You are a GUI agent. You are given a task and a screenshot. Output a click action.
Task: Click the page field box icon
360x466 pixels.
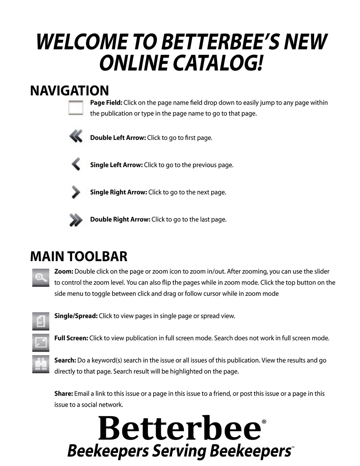[76, 108]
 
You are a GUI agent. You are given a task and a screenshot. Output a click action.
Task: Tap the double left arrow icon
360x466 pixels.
[76, 136]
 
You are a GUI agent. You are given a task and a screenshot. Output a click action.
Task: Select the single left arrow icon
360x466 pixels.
[76, 164]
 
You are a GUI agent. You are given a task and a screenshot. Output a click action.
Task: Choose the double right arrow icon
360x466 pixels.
[76, 220]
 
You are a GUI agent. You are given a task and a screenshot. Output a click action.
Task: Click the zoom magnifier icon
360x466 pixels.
[41, 278]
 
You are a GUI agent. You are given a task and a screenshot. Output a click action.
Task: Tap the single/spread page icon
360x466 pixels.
[41, 321]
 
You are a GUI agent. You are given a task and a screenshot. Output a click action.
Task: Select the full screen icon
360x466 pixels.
[41, 343]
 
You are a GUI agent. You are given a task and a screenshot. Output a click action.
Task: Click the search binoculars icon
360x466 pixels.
[41, 364]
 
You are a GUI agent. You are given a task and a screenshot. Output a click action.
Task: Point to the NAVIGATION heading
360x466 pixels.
[70, 91]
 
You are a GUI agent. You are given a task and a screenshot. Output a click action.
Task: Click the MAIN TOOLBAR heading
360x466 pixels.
[79, 256]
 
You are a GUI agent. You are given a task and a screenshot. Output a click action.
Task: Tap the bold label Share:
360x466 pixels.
[64, 394]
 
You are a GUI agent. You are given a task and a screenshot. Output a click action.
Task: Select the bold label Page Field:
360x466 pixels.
[106, 103]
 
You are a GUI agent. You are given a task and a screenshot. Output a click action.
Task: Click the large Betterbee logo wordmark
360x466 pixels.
[179, 428]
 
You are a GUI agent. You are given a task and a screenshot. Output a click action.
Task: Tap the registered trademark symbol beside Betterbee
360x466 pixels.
[264, 422]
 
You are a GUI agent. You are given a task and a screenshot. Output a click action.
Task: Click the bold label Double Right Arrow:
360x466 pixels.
[120, 219]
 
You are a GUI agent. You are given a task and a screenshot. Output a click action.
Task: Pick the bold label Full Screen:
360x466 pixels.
[71, 338]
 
